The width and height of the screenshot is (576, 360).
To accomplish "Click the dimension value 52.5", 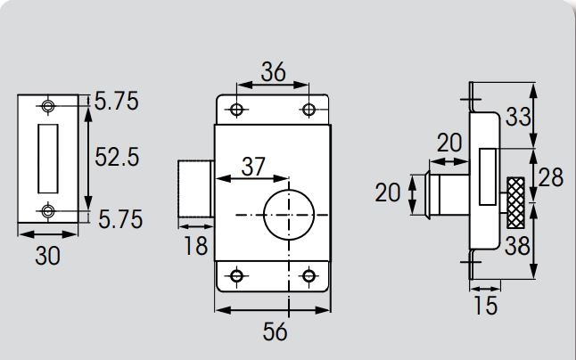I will pyautogui.click(x=117, y=157).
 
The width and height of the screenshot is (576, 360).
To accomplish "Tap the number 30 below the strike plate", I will pyautogui.click(x=47, y=256).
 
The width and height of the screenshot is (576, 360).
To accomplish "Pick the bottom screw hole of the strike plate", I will pyautogui.click(x=48, y=210).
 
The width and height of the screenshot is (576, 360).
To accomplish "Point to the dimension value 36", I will pyautogui.click(x=273, y=73).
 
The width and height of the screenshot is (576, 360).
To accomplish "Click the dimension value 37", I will pyautogui.click(x=252, y=166).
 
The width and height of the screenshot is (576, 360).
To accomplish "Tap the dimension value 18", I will pyautogui.click(x=195, y=246).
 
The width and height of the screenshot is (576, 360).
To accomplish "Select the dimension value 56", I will pyautogui.click(x=276, y=331).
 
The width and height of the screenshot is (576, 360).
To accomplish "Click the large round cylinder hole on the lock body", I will pyautogui.click(x=288, y=214).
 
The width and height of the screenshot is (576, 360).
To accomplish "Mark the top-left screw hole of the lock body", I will pyautogui.click(x=236, y=110).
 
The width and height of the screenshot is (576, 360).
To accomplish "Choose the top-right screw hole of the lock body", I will pyautogui.click(x=309, y=110).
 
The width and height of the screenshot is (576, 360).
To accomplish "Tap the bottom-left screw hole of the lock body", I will pyautogui.click(x=236, y=275).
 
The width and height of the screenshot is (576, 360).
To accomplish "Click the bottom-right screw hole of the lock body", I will pyautogui.click(x=309, y=275).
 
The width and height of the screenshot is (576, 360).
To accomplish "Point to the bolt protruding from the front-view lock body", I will pyautogui.click(x=195, y=187).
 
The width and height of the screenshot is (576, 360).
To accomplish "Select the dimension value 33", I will pyautogui.click(x=519, y=117).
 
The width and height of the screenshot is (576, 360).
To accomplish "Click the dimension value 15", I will pyautogui.click(x=485, y=306).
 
